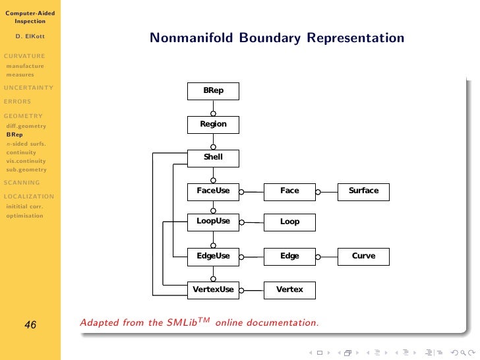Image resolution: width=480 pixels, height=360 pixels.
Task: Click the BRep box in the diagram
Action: coord(213,91)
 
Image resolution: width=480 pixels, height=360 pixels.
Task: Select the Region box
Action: coord(213,125)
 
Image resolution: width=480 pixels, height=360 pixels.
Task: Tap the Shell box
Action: coord(213,158)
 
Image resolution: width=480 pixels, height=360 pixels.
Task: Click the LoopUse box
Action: coord(213,222)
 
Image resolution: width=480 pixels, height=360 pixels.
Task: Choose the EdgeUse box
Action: coord(213,256)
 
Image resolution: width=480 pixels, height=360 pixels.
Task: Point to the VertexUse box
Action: coord(213,290)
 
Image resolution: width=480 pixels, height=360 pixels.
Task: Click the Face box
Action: coord(289,192)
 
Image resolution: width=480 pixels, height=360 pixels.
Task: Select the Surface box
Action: coord(363,192)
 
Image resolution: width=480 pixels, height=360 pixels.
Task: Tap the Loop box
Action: coord(289,222)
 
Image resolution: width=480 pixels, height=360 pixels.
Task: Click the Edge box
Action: coord(289,256)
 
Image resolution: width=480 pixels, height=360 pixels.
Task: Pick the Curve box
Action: coord(363,256)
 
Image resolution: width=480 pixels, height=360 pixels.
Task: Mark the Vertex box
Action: coord(289,290)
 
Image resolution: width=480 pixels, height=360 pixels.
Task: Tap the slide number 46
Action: coord(30,324)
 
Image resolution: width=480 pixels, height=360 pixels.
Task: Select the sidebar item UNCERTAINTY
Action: coord(28,88)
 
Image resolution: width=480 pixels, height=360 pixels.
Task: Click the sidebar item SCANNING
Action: coord(22,183)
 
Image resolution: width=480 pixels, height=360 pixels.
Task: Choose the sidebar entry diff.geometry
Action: coord(26,125)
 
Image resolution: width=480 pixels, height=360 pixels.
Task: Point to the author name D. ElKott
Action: coord(30,38)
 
